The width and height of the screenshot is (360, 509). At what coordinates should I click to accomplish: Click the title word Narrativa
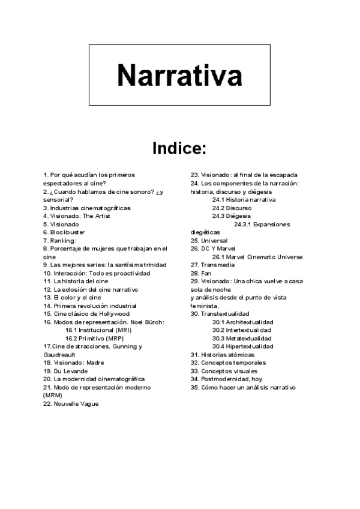pos(179,75)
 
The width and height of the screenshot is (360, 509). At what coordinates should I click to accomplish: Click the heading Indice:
pos(179,148)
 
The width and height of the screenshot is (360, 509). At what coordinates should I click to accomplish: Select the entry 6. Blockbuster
pos(64,232)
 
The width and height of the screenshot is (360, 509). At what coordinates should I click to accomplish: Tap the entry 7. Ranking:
pos(59,240)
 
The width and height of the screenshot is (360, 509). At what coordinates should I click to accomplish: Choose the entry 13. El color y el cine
pos(72,297)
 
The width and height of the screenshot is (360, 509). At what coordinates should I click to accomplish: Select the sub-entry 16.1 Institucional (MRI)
pos(99,330)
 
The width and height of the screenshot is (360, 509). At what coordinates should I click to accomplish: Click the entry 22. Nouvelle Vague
pos(71,404)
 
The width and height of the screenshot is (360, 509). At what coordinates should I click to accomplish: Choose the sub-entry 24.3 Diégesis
pos(232,215)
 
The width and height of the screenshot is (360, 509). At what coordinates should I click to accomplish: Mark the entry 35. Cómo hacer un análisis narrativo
pos(243,387)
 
